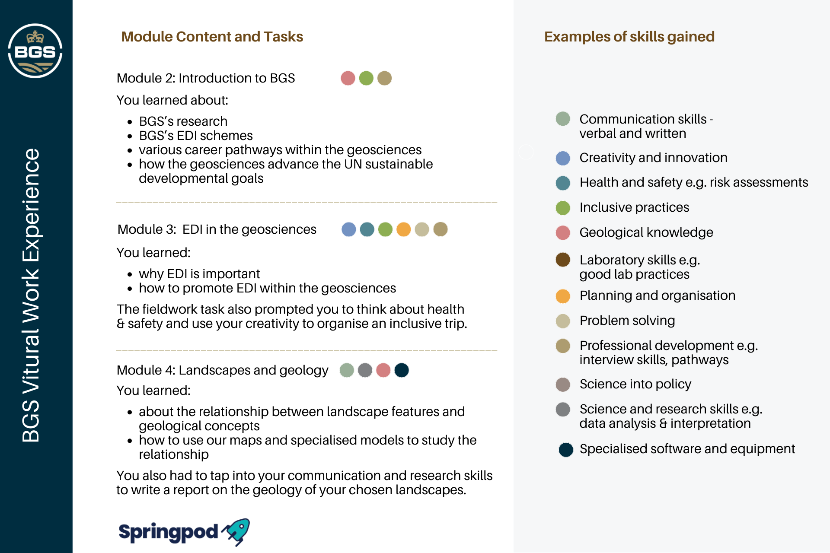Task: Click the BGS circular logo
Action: coord(35,51)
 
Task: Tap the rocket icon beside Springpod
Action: coord(236,532)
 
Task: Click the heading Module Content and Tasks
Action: coord(212,37)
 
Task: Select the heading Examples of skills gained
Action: coord(629,37)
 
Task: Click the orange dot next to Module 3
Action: coord(403,229)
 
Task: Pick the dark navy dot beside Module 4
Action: coord(402,370)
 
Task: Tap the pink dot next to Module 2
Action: coord(348,78)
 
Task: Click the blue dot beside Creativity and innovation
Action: coord(563,158)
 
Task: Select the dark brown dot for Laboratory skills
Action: coord(563,260)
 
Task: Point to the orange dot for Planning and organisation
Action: coord(563,296)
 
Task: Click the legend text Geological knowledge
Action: coord(646,232)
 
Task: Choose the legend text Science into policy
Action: coord(635,384)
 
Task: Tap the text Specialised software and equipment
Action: coord(687,449)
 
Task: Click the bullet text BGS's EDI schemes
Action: coord(196,136)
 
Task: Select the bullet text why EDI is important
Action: coord(199,274)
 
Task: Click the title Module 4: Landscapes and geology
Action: coord(223,370)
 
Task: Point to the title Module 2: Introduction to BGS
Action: coord(206,78)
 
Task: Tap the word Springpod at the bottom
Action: coord(169,533)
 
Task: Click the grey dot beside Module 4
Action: coord(365,370)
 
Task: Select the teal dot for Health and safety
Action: coord(563,183)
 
